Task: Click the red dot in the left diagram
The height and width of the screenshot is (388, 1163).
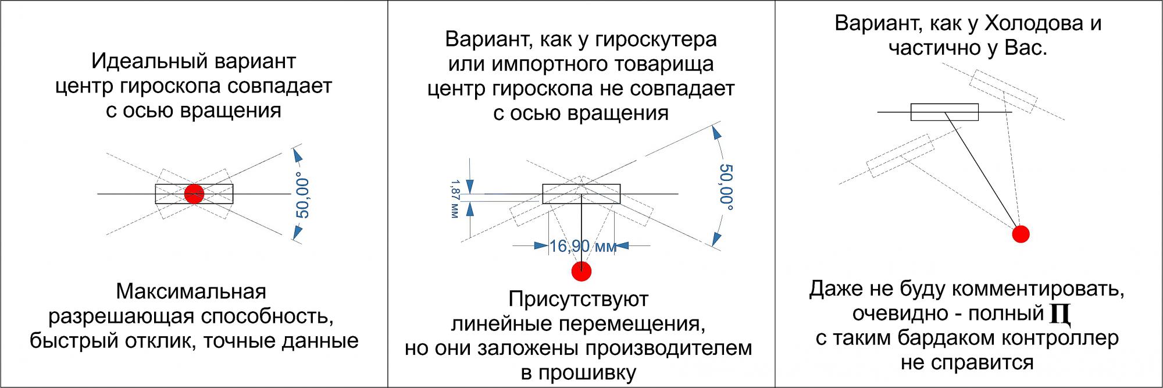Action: pos(194,194)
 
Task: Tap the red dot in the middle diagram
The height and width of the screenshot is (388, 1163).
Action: pos(581,271)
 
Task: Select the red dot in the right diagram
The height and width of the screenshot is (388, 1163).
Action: pos(1021,234)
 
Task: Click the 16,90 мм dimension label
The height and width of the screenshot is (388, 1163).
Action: pos(583,246)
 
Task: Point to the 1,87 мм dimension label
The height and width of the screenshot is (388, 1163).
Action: pos(455,199)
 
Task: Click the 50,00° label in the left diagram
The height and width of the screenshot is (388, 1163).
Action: pos(302,194)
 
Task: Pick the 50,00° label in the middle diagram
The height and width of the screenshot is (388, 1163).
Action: pos(726,186)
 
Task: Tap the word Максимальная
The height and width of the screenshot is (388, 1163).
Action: pos(191,291)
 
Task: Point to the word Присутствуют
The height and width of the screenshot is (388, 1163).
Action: pos(579,299)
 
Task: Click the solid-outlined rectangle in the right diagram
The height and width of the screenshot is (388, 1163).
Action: pos(944,112)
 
